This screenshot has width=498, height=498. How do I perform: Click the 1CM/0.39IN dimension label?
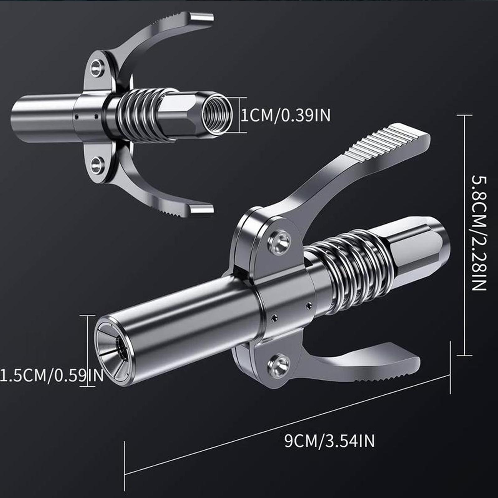click(286, 115)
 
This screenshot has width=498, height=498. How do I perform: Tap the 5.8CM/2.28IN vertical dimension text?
click(478, 233)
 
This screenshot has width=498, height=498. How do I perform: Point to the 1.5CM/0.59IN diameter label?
click(51, 375)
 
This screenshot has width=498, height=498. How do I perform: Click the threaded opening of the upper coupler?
click(217, 115)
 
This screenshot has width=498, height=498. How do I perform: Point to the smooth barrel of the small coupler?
click(44, 115)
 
